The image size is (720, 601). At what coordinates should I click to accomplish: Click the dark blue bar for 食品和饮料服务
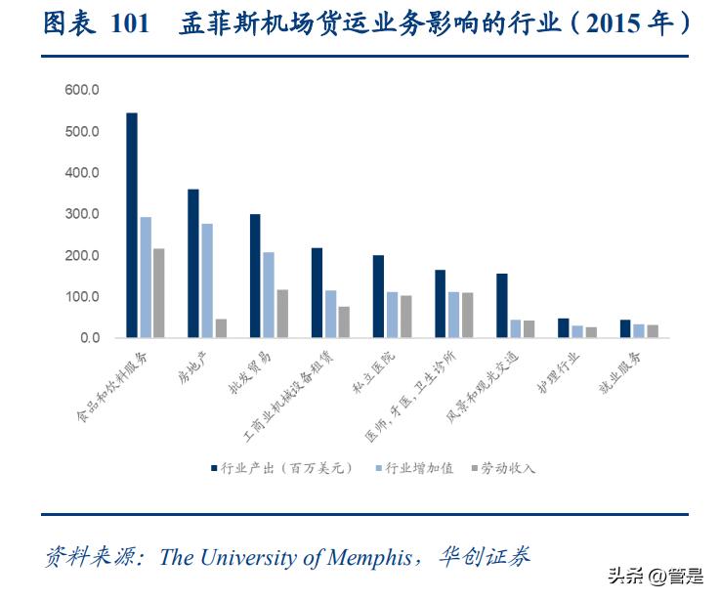(x=132, y=226)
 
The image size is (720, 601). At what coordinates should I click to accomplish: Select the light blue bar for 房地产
(x=207, y=280)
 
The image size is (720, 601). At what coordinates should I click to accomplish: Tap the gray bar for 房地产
(x=221, y=328)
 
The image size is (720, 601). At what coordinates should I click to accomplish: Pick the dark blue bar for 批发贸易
(x=255, y=276)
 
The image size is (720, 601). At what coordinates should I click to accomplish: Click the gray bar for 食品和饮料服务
(x=159, y=293)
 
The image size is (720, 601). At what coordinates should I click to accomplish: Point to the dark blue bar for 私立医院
(x=378, y=296)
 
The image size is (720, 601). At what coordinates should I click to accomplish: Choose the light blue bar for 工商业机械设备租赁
(x=330, y=314)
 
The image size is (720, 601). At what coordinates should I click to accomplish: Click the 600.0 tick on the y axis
(x=82, y=90)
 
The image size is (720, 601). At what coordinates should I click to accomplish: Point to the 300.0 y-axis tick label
(x=82, y=214)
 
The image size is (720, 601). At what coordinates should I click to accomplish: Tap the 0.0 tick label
(x=88, y=338)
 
